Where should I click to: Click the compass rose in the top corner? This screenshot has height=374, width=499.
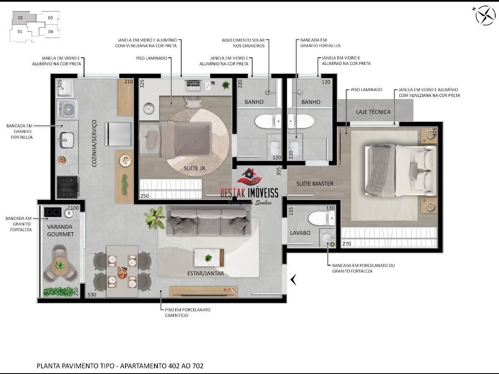pos(485,15)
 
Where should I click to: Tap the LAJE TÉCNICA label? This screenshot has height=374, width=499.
pos(373,112)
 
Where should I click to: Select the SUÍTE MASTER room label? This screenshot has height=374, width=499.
pos(315,184)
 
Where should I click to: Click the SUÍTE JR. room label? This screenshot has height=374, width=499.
pos(195,168)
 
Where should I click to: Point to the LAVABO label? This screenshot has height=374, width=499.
pos(300,233)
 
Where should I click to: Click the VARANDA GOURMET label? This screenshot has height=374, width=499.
pos(60,230)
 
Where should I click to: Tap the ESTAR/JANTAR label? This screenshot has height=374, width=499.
pos(205,273)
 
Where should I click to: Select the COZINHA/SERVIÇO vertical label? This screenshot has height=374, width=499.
pos(94,143)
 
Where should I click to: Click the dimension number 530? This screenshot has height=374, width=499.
pos(92,295)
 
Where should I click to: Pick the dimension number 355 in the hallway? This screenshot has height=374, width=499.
pos(279,171)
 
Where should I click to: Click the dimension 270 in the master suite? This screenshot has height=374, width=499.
pos(347,244)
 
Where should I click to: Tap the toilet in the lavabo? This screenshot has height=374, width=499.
pos(322,219)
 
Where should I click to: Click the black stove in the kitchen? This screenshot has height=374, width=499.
pos(68,187)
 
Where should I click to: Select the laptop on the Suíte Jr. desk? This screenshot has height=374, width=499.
pos(193,85)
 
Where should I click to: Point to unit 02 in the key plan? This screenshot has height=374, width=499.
pos(20,18)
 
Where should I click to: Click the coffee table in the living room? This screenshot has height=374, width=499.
pos(209,257)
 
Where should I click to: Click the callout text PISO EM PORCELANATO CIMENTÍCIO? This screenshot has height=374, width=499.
pos(187,313)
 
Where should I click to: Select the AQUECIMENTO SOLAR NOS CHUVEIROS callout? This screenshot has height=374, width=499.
pos(243,43)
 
